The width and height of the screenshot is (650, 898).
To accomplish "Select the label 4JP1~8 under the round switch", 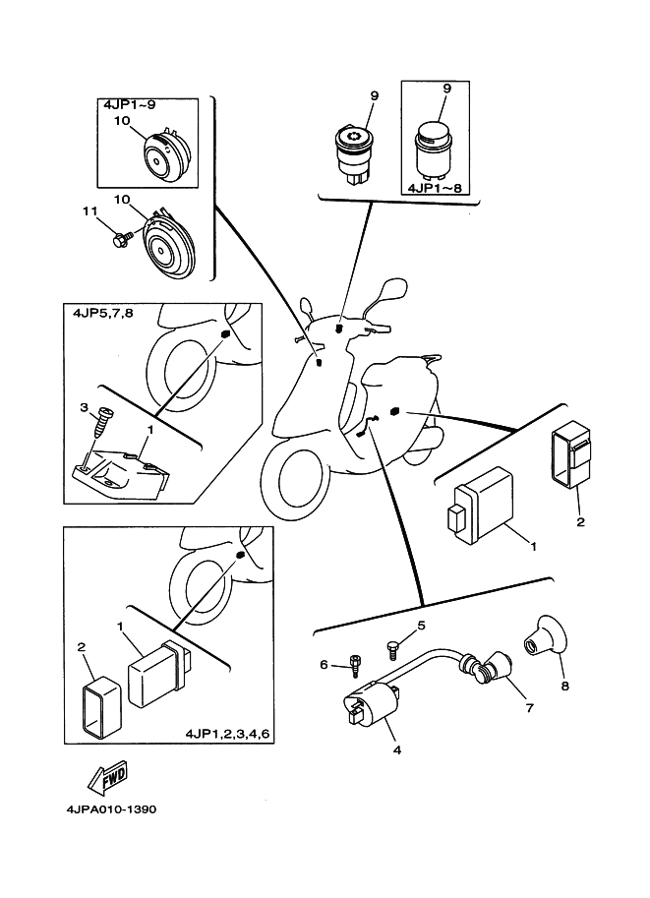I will (x=435, y=185).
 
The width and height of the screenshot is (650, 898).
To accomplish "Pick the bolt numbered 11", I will (x=122, y=239).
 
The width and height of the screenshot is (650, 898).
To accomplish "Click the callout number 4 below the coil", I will (x=396, y=750).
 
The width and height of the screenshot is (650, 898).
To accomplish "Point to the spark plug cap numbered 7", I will (x=492, y=676).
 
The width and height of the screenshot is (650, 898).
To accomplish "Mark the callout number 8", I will (x=564, y=687).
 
